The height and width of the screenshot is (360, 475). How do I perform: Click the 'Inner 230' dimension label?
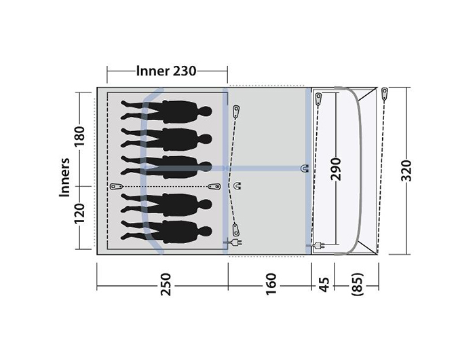pyautogui.click(x=166, y=71)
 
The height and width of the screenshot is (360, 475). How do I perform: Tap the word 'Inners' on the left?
pyautogui.click(x=64, y=177)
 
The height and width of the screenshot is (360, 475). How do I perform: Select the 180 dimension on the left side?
pyautogui.click(x=80, y=136)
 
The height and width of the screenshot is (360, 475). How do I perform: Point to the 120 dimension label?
pyautogui.click(x=80, y=213)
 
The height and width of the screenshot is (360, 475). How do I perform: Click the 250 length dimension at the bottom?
pyautogui.click(x=166, y=285)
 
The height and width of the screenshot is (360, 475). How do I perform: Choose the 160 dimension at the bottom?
pyautogui.click(x=271, y=284)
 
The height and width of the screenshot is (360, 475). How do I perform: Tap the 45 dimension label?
pyautogui.click(x=324, y=285)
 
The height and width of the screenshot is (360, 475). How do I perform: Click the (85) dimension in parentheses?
pyautogui.click(x=358, y=285)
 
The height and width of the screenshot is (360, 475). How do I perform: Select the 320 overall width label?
pyautogui.click(x=406, y=170)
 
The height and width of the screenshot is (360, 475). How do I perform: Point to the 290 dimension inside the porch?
pyautogui.click(x=336, y=169)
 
